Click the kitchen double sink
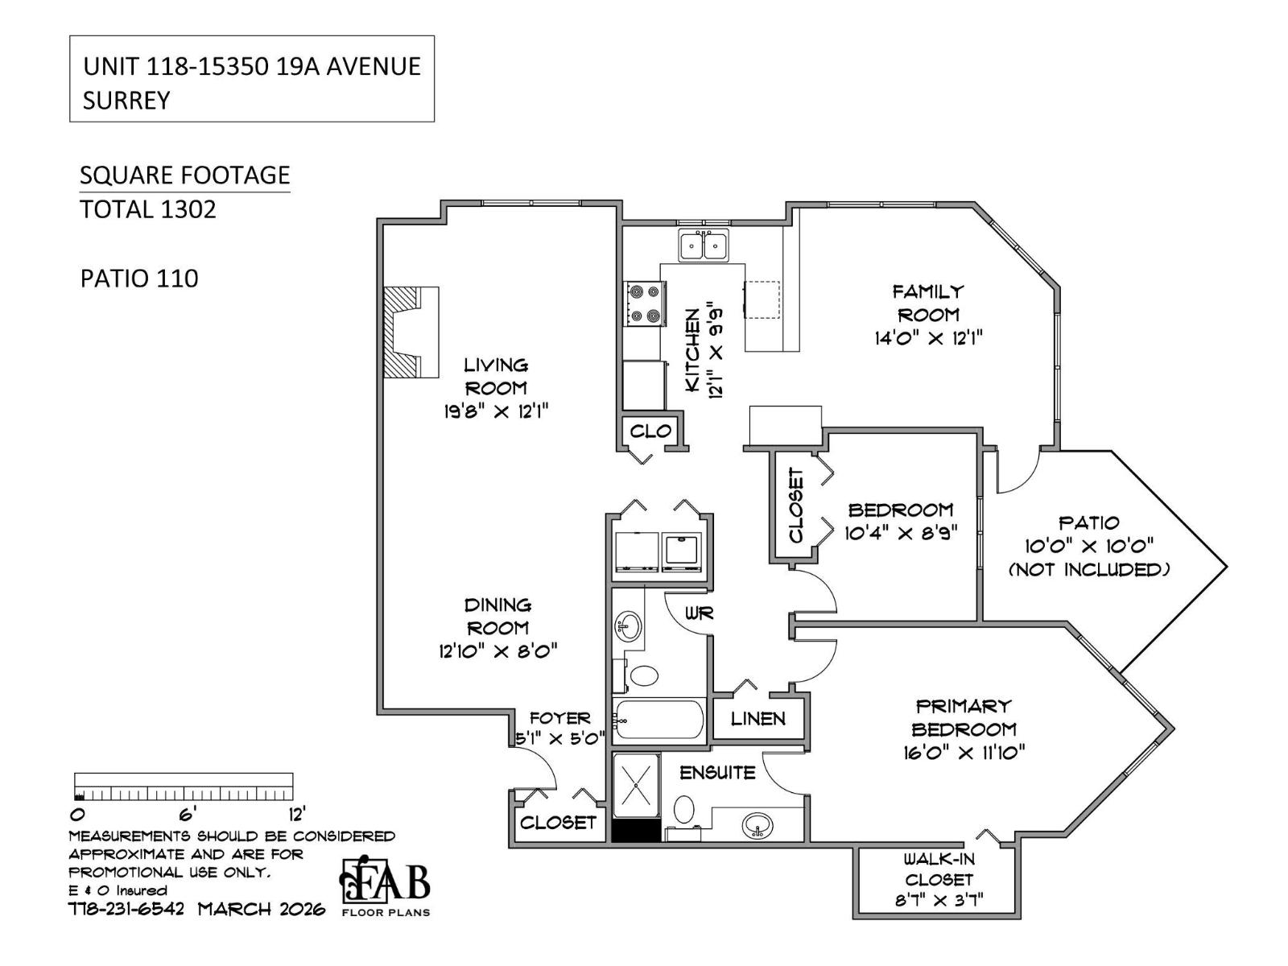704,245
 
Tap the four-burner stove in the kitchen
645,303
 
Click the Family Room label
927,303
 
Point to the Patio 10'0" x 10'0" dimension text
1088,546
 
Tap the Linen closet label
758,718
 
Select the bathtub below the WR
658,719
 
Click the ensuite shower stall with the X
636,785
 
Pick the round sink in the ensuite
757,825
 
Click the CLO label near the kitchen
650,431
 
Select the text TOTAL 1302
148,209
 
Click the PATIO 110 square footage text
139,279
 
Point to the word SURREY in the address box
126,100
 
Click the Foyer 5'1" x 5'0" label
560,728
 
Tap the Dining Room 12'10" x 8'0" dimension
498,651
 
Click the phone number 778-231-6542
126,910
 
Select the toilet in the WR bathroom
644,675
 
